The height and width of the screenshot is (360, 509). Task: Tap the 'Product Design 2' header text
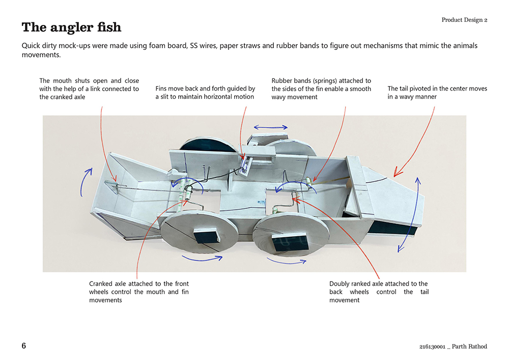pyautogui.click(x=464, y=20)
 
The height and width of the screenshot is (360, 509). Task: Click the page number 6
pyautogui.click(x=24, y=346)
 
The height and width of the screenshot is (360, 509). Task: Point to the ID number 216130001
pyautogui.click(x=432, y=347)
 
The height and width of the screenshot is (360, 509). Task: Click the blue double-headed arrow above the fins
pyautogui.click(x=271, y=127)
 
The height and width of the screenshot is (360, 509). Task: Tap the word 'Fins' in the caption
pyautogui.click(x=162, y=89)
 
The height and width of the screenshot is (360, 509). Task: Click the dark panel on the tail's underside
pyautogui.click(x=392, y=229)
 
